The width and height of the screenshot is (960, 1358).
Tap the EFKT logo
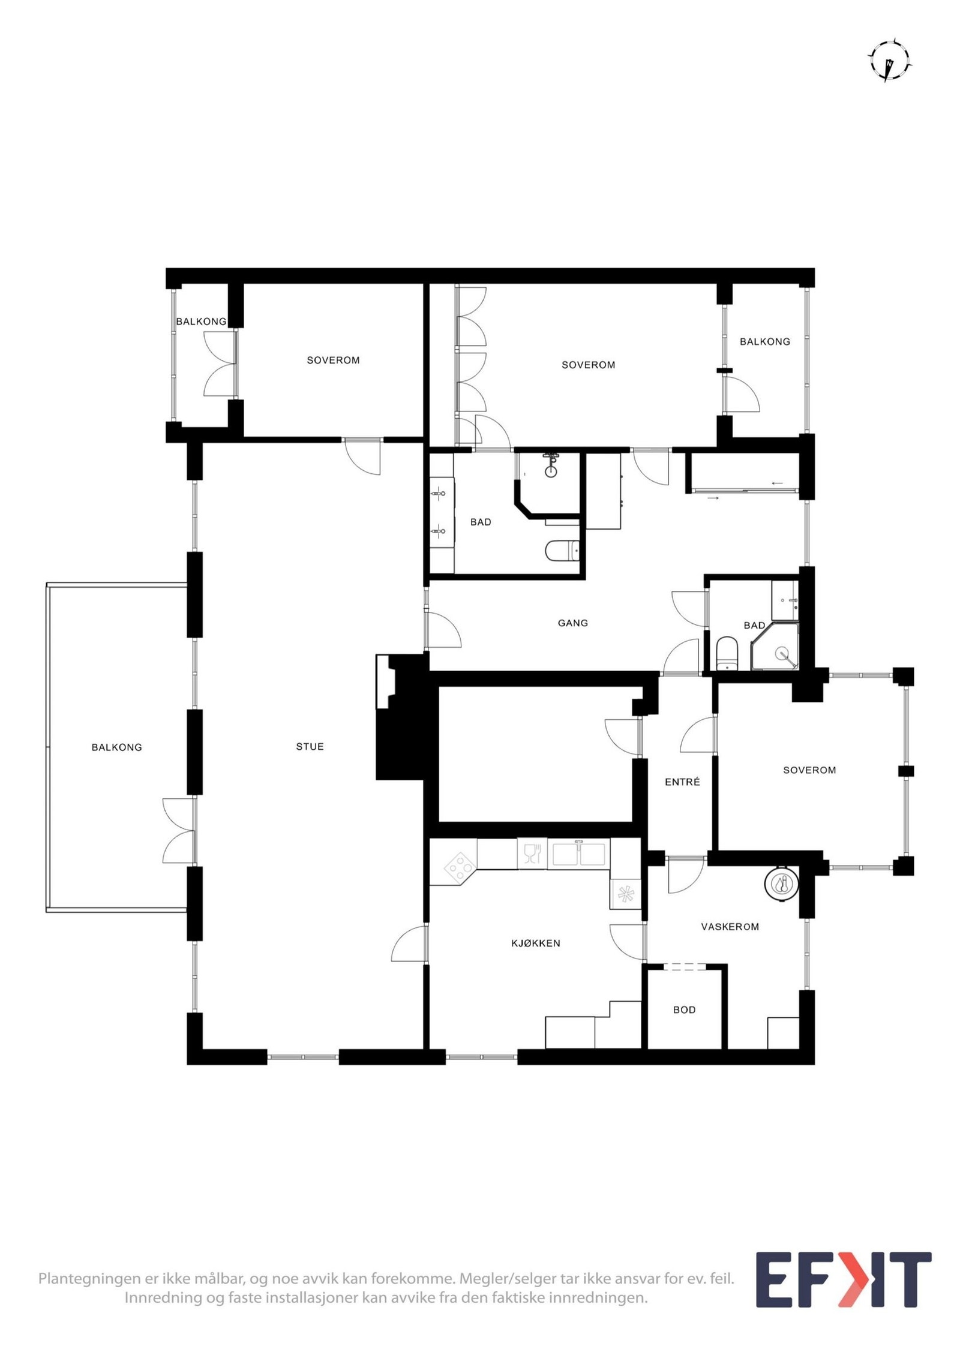(x=842, y=1280)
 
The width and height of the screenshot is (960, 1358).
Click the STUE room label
(x=310, y=747)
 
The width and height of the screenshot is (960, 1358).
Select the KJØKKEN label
(x=536, y=944)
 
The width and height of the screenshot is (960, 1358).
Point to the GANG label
(x=572, y=623)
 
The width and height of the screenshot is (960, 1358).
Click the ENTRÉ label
(x=682, y=782)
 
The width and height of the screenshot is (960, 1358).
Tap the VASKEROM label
(x=730, y=927)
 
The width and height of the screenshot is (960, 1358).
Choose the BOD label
(x=684, y=1010)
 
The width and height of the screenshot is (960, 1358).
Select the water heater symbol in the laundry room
(x=782, y=883)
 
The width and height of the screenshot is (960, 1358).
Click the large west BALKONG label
(x=116, y=747)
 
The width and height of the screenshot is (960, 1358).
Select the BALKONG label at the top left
(x=201, y=322)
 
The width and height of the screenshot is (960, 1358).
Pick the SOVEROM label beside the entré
(x=809, y=770)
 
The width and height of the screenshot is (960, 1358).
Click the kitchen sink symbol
(x=578, y=855)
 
